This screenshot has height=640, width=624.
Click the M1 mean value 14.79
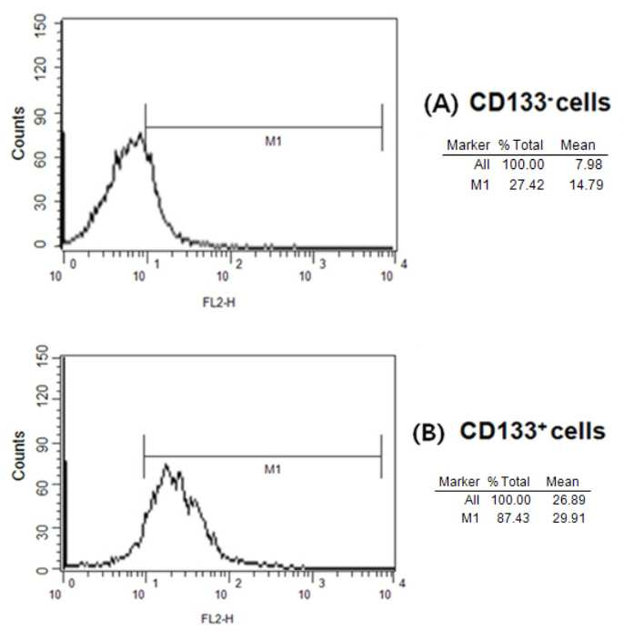point(586,185)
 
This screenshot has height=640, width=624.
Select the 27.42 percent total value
point(527,185)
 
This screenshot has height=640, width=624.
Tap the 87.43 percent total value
point(513,518)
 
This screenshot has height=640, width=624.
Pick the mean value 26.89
point(569,500)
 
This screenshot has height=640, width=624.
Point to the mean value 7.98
point(589,164)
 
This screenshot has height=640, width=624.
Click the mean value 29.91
point(569,518)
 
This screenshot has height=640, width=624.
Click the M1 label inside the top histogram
point(273,141)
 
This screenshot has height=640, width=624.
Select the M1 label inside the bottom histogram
point(272,469)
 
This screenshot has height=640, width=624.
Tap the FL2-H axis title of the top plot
point(219,303)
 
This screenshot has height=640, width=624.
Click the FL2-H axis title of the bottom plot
point(217,619)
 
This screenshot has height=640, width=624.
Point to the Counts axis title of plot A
point(18,133)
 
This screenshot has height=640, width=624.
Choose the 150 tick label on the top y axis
point(40,25)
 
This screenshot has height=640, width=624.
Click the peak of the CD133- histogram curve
point(141,133)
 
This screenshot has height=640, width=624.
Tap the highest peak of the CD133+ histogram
point(166,465)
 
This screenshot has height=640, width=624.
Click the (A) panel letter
point(441,104)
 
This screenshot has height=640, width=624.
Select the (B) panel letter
point(428,433)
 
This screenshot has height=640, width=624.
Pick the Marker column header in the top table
point(468,145)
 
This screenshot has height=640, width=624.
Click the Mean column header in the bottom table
point(562,482)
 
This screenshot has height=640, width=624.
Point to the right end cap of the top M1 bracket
point(382,127)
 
